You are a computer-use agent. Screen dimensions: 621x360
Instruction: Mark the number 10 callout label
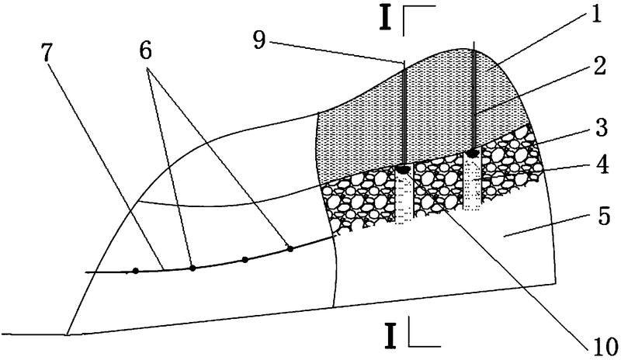[602, 342]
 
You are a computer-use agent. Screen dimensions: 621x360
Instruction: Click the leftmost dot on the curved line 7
[136, 271]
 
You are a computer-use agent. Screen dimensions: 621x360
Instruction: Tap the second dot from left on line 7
[193, 268]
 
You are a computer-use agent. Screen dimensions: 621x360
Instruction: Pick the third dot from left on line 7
[245, 260]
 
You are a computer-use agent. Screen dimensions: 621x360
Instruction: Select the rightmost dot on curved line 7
[290, 248]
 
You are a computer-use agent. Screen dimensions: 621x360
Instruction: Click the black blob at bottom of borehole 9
[404, 168]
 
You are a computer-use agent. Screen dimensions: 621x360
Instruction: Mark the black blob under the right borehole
[472, 153]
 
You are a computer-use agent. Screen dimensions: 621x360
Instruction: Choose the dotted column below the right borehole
[472, 182]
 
